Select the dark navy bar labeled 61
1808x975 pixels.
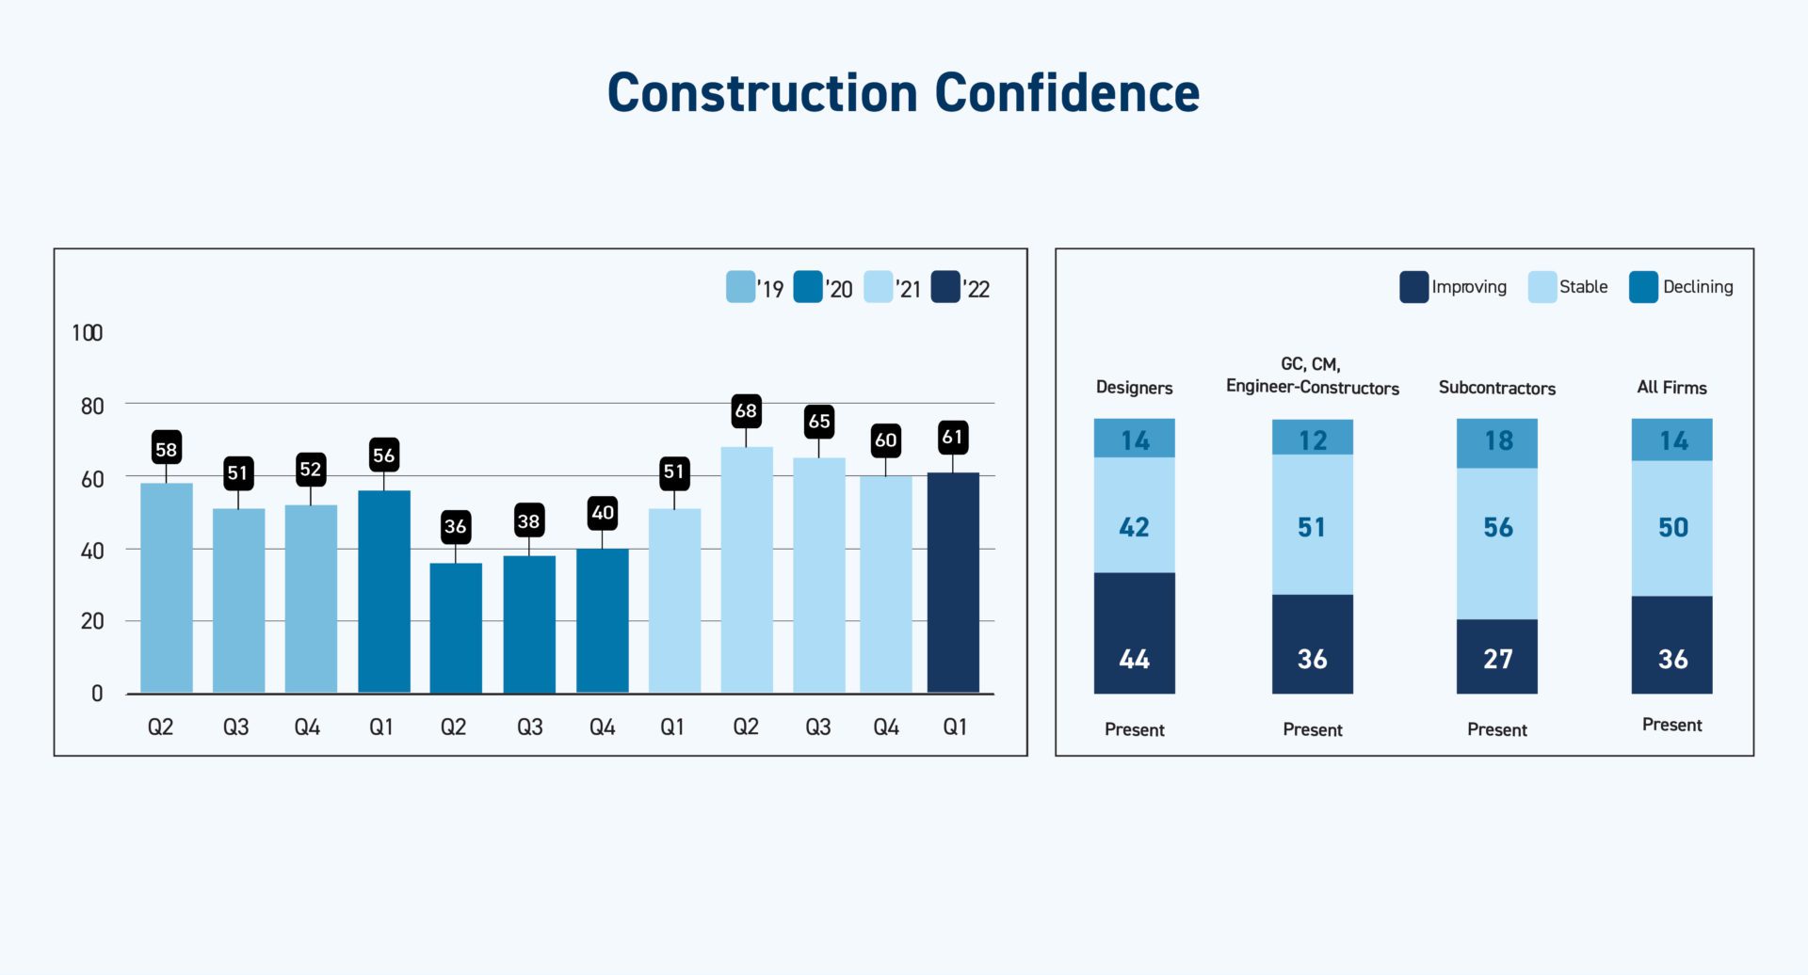[x=953, y=583]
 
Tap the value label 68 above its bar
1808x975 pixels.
[x=746, y=411]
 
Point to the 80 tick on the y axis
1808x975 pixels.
[x=92, y=407]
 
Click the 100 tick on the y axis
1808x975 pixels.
[x=87, y=333]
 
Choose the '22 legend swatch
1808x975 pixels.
[x=945, y=287]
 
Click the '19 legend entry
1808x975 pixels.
[x=755, y=288]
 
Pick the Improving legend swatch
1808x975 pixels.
[x=1413, y=287]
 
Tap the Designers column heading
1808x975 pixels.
[x=1134, y=388]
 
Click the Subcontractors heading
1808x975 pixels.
[x=1496, y=388]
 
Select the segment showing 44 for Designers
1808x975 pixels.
[x=1134, y=633]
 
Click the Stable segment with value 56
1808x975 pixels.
[x=1496, y=543]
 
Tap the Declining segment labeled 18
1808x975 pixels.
[x=1496, y=442]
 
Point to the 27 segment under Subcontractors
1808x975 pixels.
[x=1496, y=657]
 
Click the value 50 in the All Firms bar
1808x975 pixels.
[x=1672, y=528]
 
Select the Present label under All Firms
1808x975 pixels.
[x=1671, y=725]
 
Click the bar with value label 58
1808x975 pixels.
[x=167, y=588]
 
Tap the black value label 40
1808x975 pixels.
[x=603, y=513]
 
